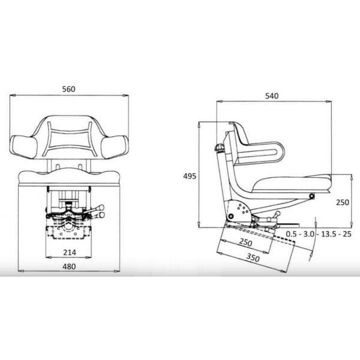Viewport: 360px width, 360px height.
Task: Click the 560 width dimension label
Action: pos(68,89)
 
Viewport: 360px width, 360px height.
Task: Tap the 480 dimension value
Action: pos(69,266)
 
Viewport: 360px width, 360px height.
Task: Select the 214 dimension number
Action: pos(70,253)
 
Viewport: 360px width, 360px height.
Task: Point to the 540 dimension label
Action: pos(272,96)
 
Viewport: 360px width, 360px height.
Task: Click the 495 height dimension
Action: pos(190,176)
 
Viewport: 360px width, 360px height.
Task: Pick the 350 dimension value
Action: pos(253,258)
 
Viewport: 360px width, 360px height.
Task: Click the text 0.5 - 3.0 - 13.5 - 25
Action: pos(319,234)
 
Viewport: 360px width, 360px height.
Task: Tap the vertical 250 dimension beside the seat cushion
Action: pos(343,202)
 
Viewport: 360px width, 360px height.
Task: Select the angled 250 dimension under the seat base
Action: pos(245,242)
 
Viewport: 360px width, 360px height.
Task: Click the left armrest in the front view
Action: pos(23,147)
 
